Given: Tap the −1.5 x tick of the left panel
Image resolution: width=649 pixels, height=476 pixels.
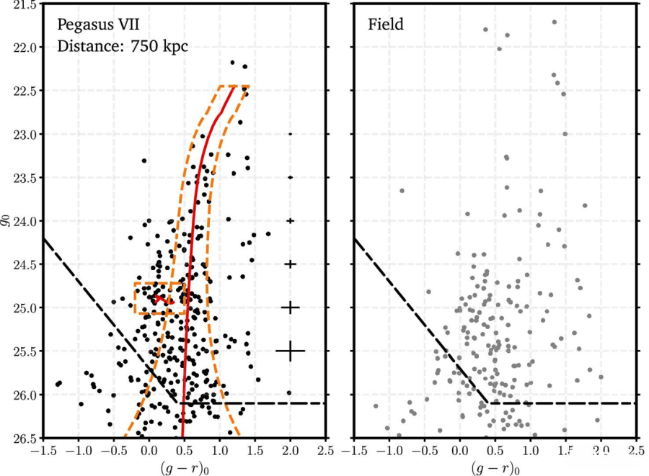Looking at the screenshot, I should click(x=42, y=452).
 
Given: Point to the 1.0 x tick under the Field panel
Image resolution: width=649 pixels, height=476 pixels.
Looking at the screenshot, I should click(x=531, y=452).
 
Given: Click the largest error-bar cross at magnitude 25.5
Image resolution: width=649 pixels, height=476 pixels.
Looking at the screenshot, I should click(x=290, y=351).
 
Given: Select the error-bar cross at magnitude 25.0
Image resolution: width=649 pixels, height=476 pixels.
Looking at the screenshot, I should click(x=290, y=307).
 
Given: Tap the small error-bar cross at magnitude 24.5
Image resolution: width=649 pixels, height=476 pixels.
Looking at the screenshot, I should click(x=290, y=264).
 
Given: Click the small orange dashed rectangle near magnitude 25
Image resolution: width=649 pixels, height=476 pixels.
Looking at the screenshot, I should click(x=159, y=297).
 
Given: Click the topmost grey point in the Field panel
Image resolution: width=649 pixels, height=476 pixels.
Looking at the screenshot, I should click(x=554, y=22).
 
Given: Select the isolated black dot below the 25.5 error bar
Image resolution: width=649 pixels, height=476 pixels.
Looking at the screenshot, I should click(x=289, y=392).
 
